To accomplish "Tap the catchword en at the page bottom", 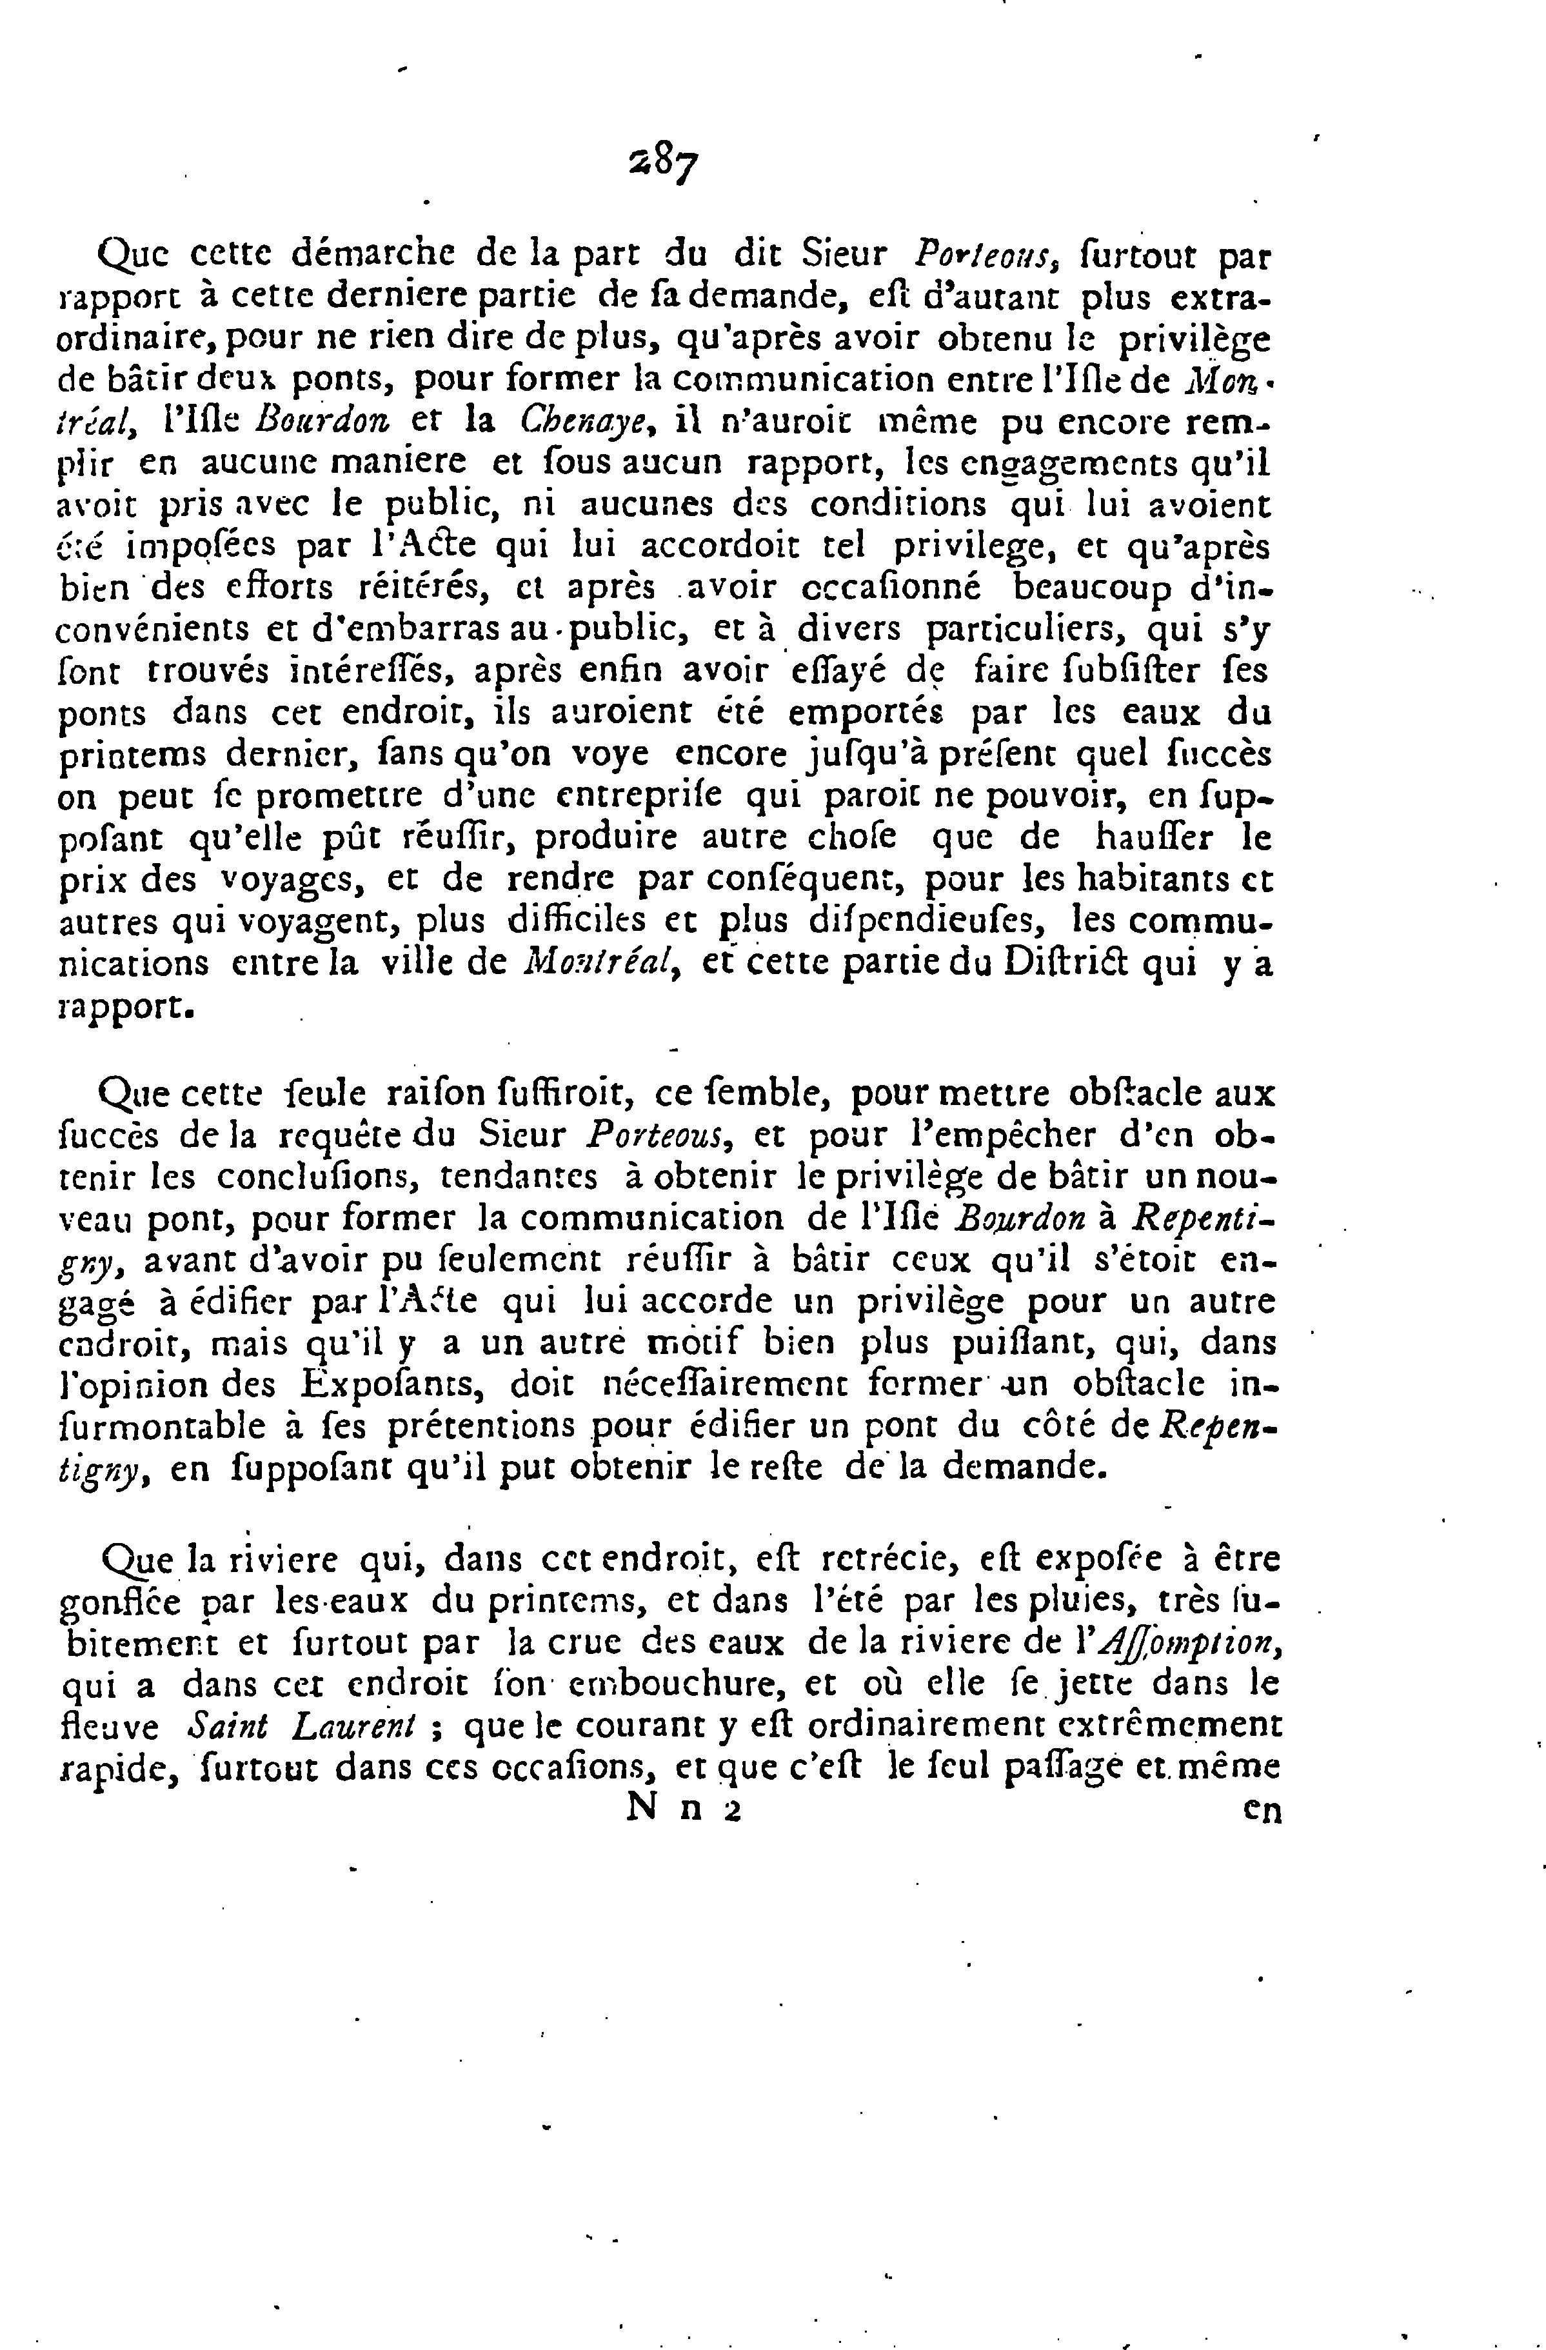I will pyautogui.click(x=1262, y=1811).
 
